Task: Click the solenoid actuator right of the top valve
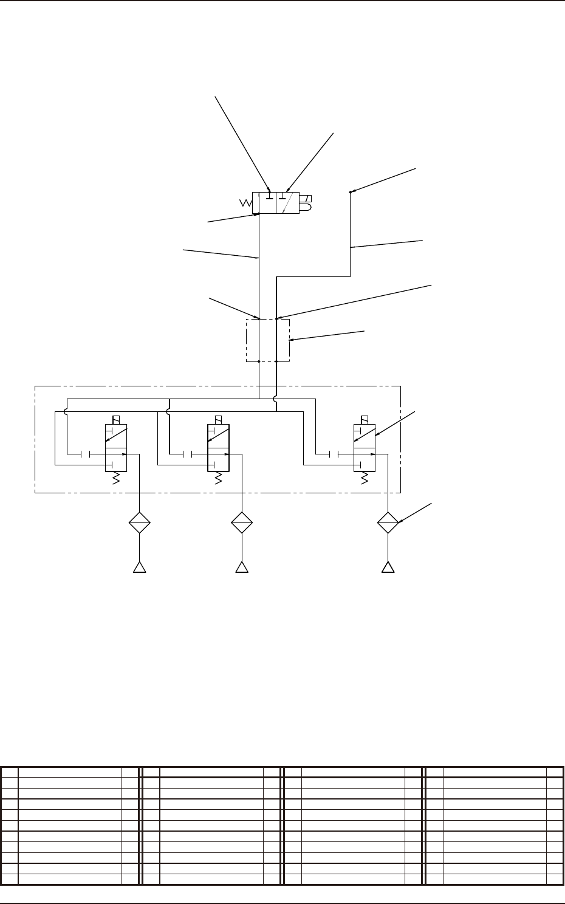tap(306, 203)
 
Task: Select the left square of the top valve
tap(267, 203)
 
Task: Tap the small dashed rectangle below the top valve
tap(268, 340)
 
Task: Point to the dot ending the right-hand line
tap(351, 193)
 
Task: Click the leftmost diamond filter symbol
tap(140, 522)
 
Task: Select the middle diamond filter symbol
tap(242, 522)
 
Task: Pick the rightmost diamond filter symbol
tap(388, 522)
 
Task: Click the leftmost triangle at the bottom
tap(140, 567)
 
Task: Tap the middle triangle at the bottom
tap(242, 567)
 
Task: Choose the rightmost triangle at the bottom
tap(388, 567)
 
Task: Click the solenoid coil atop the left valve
tap(116, 420)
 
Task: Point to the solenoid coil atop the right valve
tap(365, 420)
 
